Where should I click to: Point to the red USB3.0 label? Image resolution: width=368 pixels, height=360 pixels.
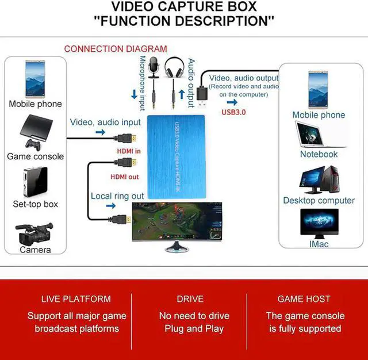(x=233, y=112)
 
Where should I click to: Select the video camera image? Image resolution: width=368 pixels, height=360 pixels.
(x=35, y=233)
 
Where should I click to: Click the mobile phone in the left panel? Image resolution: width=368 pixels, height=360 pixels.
(x=35, y=79)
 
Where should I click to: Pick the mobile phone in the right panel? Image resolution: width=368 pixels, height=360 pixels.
(x=318, y=89)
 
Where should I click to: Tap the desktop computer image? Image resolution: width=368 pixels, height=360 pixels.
(x=319, y=179)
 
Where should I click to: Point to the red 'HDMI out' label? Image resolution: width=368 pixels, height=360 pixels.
(x=125, y=177)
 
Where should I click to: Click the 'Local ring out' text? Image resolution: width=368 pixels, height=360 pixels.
(x=117, y=196)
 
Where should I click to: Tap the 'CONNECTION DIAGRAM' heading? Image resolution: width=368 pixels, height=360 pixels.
(x=116, y=49)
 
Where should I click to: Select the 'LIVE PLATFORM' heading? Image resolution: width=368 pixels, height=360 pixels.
(x=76, y=299)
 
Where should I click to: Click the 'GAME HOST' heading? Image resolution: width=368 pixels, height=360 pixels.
(x=304, y=299)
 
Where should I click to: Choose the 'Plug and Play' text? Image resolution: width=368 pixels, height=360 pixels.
(x=194, y=329)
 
